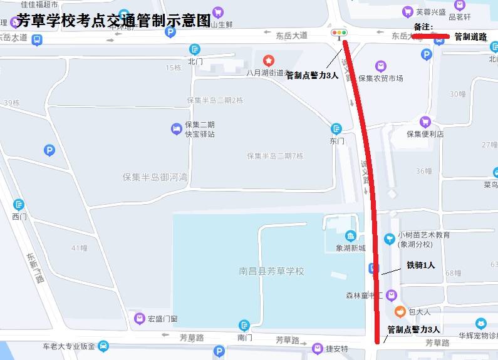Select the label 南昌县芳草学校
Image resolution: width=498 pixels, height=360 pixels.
click(x=271, y=271)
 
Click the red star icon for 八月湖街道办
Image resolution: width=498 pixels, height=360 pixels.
click(x=269, y=61)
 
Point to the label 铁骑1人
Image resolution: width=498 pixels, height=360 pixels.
click(x=420, y=265)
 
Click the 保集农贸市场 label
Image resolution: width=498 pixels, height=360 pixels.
click(x=380, y=78)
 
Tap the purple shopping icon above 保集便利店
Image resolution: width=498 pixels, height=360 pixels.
click(x=425, y=122)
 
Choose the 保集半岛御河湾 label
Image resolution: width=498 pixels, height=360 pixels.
click(x=155, y=177)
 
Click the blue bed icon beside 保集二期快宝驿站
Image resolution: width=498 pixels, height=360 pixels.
click(x=177, y=129)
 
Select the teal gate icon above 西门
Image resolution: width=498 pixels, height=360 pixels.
click(x=19, y=205)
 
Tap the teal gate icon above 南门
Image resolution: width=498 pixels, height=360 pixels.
click(x=244, y=326)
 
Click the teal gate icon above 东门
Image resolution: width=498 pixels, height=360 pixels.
click(x=337, y=129)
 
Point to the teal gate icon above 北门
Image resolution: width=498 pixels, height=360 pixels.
click(x=195, y=49)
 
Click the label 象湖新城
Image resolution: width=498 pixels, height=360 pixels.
click(x=350, y=248)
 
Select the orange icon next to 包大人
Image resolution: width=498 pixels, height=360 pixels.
click(x=399, y=311)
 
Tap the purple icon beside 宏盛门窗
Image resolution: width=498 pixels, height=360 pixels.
click(x=140, y=319)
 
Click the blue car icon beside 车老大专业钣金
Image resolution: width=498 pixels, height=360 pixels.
click(x=103, y=346)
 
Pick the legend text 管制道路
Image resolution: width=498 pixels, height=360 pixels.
click(x=470, y=37)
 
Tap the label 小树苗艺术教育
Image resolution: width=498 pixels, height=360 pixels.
click(x=423, y=235)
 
